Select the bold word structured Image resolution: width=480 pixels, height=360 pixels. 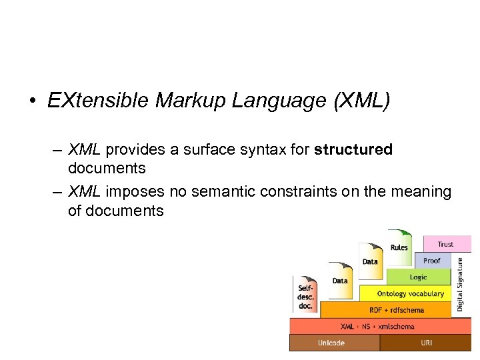[x=353, y=149]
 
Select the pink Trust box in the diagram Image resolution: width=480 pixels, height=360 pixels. [x=446, y=244]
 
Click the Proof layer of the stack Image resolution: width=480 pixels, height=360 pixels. [x=432, y=260]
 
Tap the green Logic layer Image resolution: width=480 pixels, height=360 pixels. [x=419, y=277]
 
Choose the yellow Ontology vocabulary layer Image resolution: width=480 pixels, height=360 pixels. [x=409, y=293]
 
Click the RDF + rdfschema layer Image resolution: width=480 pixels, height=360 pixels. [x=387, y=310]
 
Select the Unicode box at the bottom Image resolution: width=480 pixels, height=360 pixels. [x=332, y=343]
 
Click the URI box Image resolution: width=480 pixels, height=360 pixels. [x=426, y=343]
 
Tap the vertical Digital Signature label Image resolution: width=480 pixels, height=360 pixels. [x=460, y=285]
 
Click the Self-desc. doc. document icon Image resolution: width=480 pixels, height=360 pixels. [x=306, y=294]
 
